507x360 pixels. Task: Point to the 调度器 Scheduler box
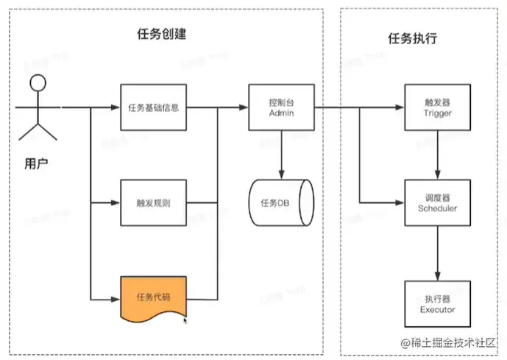click(438, 202)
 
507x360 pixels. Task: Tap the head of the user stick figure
click(38, 82)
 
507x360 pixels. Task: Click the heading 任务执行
click(412, 38)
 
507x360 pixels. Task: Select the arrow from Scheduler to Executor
click(438, 252)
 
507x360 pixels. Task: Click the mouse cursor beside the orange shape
click(185, 320)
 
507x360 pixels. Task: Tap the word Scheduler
click(438, 208)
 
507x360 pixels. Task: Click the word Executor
click(438, 309)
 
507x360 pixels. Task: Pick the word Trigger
click(438, 114)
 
